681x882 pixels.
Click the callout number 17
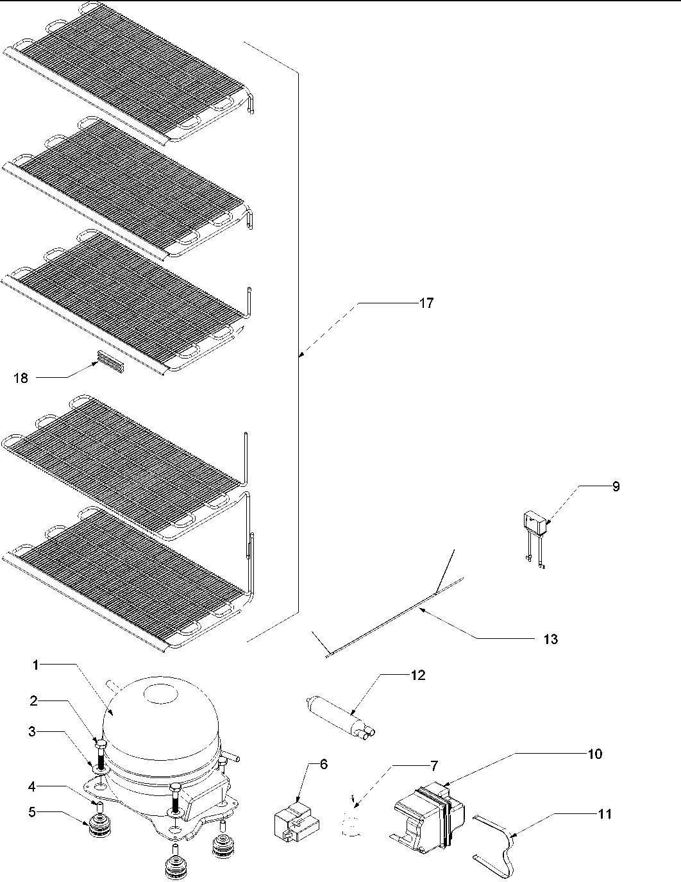426,303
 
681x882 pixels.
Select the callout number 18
21,378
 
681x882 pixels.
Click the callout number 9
616,486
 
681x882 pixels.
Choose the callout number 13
550,639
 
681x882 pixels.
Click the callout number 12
418,675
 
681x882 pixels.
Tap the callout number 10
595,754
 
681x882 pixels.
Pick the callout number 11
605,814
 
